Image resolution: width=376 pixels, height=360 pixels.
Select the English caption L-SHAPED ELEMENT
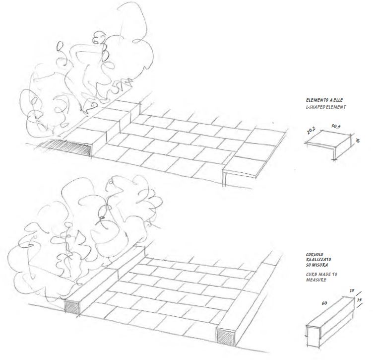click(326, 107)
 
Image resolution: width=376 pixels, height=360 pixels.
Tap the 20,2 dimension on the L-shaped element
click(311, 131)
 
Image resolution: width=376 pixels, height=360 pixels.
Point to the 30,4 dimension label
click(336, 126)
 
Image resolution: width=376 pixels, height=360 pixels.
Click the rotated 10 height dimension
click(358, 140)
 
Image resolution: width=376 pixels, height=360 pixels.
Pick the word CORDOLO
click(314, 254)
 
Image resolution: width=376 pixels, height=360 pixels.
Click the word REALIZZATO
click(318, 260)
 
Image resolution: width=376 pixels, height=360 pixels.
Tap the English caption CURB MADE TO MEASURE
click(321, 277)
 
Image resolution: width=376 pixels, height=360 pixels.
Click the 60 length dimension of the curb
click(324, 303)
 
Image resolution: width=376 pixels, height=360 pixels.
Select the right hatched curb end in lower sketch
click(225, 337)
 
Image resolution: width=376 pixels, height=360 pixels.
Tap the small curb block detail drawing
click(330, 322)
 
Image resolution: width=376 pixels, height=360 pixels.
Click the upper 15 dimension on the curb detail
click(352, 290)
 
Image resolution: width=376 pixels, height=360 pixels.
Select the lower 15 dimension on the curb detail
click(359, 300)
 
